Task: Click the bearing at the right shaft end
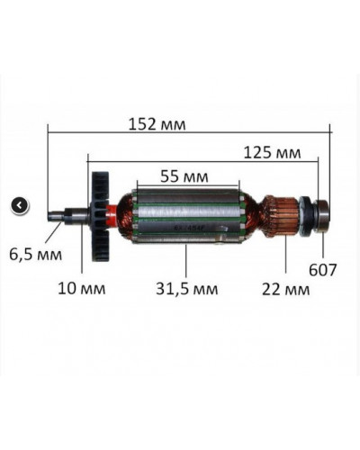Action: [318, 216]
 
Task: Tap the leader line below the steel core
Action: [185, 261]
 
